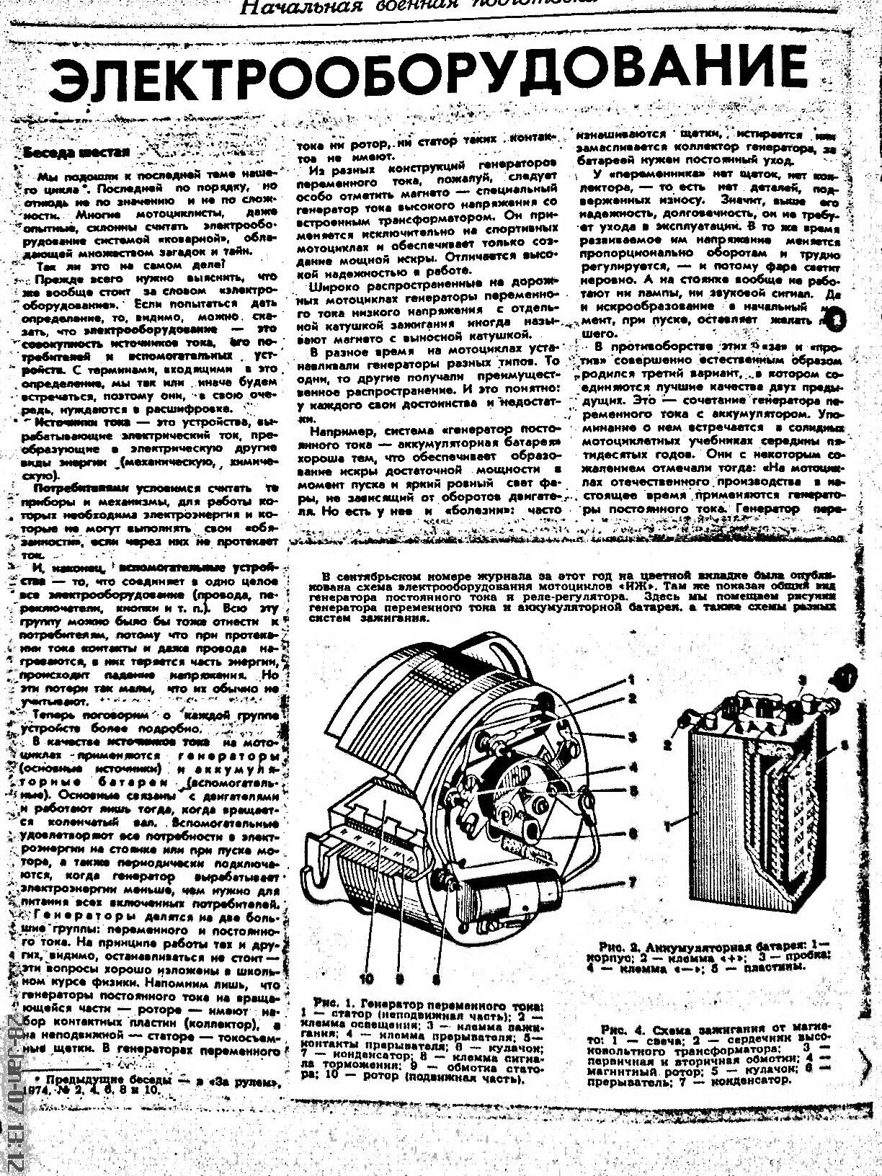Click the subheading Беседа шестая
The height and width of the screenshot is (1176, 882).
click(x=76, y=152)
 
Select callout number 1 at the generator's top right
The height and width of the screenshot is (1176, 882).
click(x=630, y=679)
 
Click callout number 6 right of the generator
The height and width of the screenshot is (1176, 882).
click(x=633, y=834)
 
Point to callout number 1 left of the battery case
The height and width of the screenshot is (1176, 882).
click(x=669, y=827)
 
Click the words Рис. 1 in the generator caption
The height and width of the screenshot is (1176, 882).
click(x=332, y=1002)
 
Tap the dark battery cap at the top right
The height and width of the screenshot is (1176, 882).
click(x=839, y=677)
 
